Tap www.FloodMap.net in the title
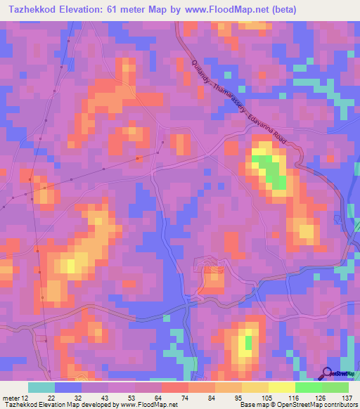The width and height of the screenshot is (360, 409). coord(223,9)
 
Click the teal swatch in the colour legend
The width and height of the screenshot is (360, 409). coord(41,387)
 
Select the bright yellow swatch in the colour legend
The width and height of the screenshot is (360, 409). coord(281,387)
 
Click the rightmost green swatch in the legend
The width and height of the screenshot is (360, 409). coord(335,387)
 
